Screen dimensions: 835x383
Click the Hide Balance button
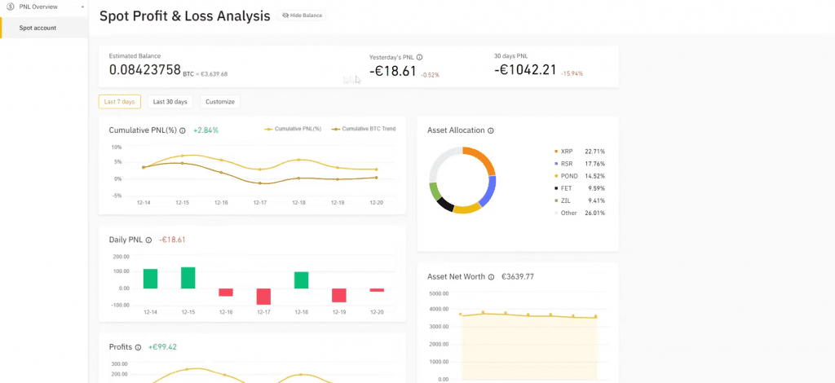tap(302, 15)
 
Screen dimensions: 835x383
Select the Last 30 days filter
tap(170, 102)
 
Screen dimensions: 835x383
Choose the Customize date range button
tap(220, 102)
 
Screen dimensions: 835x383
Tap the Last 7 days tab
tap(119, 102)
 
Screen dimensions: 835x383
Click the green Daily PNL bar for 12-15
tap(188, 278)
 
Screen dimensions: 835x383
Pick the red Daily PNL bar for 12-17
tap(263, 297)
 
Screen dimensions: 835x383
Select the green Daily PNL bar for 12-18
tap(302, 280)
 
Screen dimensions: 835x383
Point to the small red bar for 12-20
tap(377, 290)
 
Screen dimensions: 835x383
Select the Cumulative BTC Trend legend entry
tap(363, 129)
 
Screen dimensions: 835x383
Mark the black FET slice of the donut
tap(445, 205)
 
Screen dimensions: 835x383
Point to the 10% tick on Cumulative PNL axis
tap(116, 147)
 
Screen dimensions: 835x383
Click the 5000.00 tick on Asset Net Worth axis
tap(439, 293)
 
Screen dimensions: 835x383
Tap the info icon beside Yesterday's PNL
tap(420, 57)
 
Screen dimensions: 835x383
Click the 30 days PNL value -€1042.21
tap(525, 70)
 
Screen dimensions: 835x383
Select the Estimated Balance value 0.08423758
tap(145, 70)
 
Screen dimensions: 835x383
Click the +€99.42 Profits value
tap(162, 347)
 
